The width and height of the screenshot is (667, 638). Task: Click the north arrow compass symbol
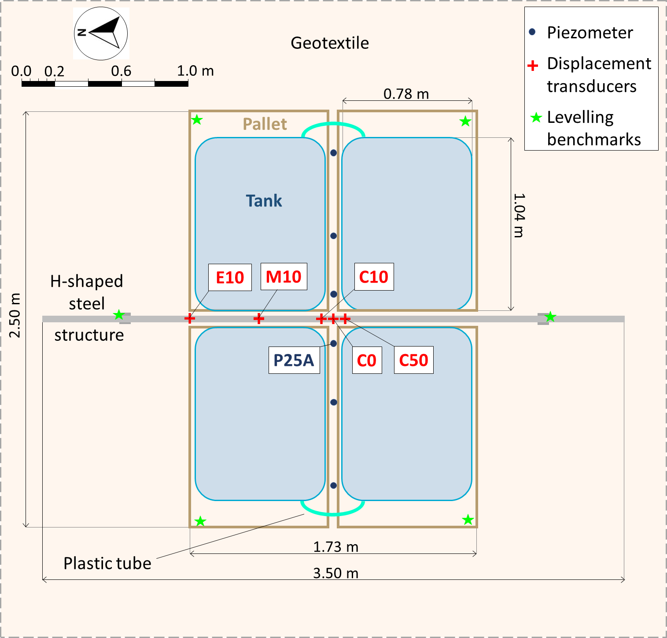click(101, 33)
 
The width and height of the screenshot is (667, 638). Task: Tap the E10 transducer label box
click(230, 277)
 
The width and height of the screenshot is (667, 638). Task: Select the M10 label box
click(284, 277)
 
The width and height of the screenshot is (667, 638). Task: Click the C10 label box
click(374, 277)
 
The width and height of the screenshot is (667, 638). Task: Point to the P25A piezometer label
click(294, 360)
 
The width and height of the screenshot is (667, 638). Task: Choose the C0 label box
click(367, 361)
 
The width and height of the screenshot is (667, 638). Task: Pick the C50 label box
click(413, 360)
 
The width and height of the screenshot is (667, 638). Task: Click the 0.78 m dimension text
click(406, 94)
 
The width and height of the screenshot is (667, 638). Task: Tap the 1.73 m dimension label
click(335, 547)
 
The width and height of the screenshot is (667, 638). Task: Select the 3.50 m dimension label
click(335, 573)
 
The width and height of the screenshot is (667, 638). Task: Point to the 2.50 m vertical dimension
click(15, 315)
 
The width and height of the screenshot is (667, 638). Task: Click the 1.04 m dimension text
click(520, 215)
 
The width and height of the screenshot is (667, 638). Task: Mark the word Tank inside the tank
click(264, 201)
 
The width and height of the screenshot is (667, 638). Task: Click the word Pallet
click(265, 124)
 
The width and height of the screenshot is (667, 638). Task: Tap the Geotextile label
click(330, 43)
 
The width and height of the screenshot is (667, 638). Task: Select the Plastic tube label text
click(107, 564)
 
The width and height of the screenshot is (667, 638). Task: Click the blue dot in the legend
click(532, 32)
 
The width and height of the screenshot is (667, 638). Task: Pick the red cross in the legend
click(533, 66)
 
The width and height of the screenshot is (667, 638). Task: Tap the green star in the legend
click(536, 118)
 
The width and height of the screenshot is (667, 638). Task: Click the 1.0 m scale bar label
click(195, 71)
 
